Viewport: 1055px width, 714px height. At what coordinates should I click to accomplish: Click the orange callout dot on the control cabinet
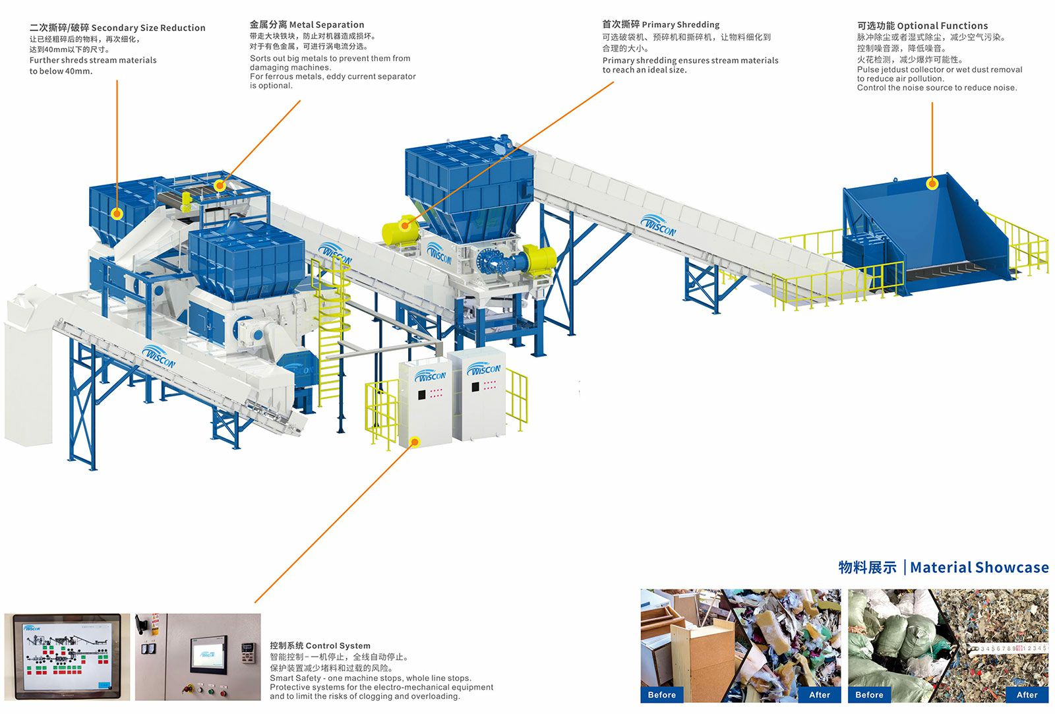(x=415, y=442)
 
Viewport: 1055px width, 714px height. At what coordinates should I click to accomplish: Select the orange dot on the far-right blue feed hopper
(x=932, y=184)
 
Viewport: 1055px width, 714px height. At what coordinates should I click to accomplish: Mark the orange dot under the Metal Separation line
(x=220, y=186)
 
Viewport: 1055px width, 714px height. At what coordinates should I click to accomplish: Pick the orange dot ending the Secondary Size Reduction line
(x=117, y=213)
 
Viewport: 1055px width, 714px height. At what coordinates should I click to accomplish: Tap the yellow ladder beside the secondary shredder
(x=332, y=330)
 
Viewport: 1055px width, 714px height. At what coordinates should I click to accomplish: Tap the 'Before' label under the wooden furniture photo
(x=661, y=694)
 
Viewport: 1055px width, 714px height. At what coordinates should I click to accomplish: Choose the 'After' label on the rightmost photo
(x=1027, y=694)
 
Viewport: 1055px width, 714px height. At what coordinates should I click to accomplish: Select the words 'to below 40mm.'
(x=61, y=71)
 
